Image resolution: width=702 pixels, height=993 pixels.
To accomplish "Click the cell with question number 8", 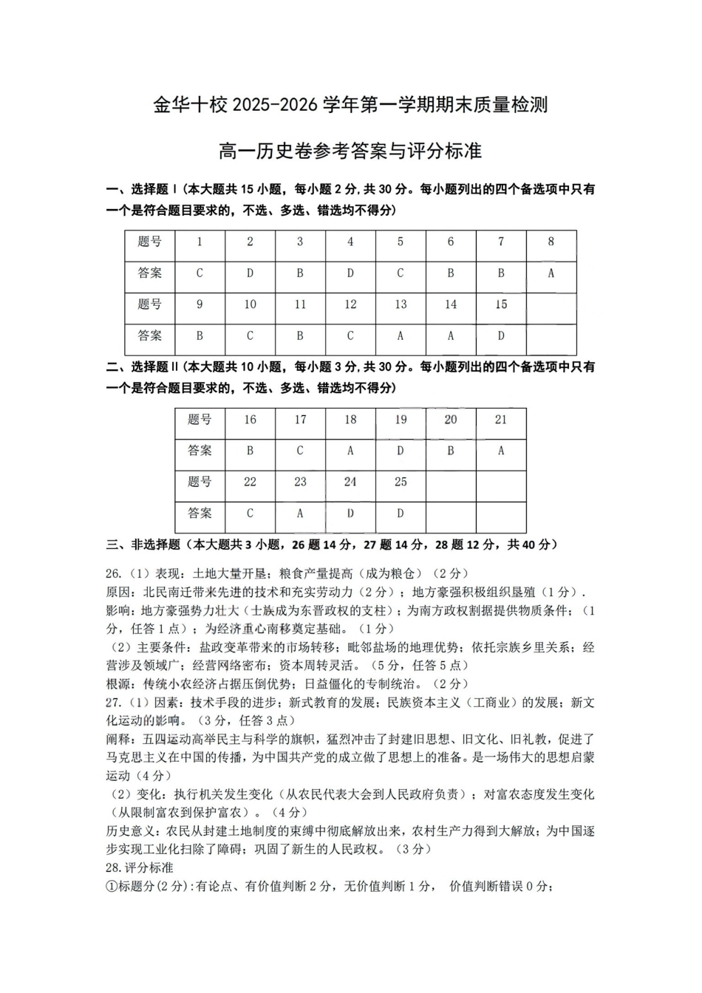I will pyautogui.click(x=551, y=242).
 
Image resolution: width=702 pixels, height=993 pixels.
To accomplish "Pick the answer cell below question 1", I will pyautogui.click(x=200, y=273).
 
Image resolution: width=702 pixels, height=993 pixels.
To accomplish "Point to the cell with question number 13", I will pyautogui.click(x=401, y=304).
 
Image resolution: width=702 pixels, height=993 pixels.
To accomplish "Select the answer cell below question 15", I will pyautogui.click(x=501, y=335).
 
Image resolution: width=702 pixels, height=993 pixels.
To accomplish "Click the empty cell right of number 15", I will pyautogui.click(x=551, y=304).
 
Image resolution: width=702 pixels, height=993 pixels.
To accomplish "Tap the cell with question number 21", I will pyautogui.click(x=501, y=420).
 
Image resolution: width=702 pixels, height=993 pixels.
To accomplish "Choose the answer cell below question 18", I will pyautogui.click(x=350, y=451).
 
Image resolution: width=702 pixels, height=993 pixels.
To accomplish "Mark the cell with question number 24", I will pyautogui.click(x=350, y=482).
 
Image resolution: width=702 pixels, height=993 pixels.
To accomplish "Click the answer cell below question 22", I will pyautogui.click(x=250, y=513).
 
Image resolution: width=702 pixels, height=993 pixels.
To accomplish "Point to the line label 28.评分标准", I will pyautogui.click(x=140, y=867).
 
